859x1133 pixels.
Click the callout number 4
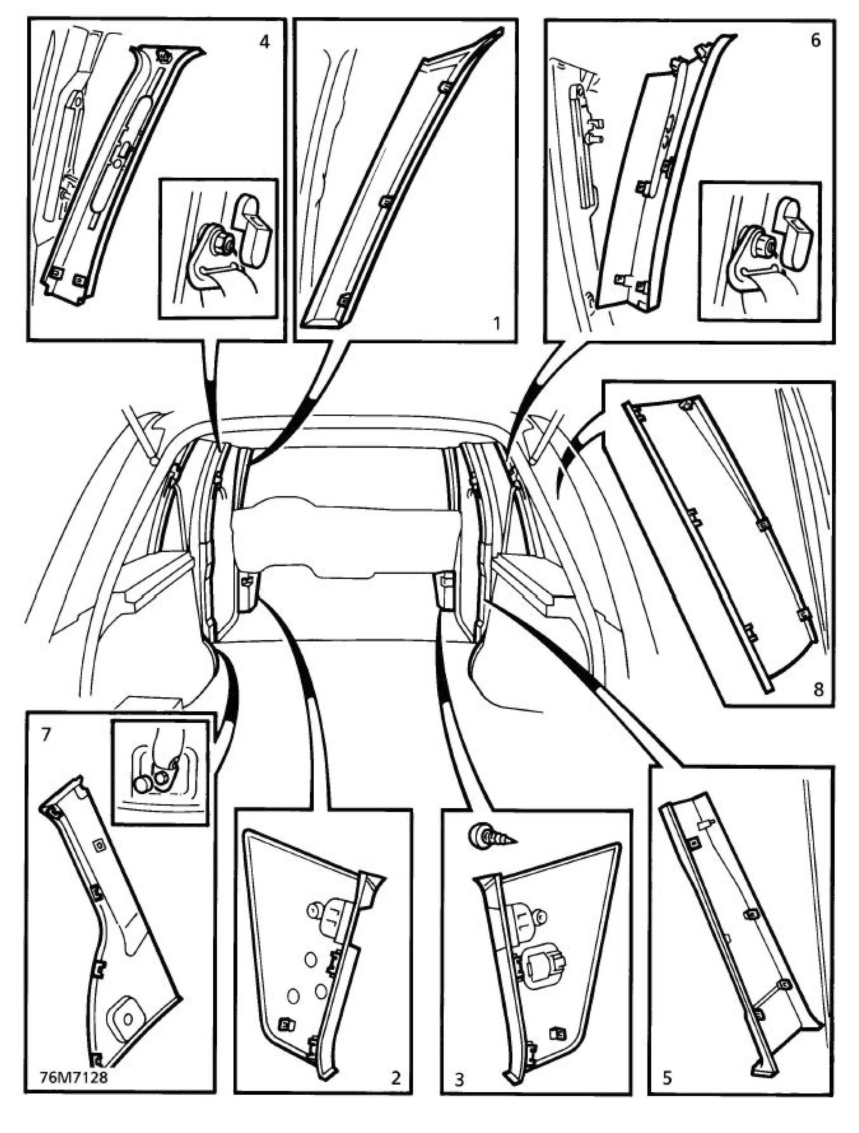(x=264, y=42)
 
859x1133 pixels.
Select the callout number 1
(x=496, y=323)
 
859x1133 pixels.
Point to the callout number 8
(x=818, y=690)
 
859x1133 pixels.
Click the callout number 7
(x=46, y=734)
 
